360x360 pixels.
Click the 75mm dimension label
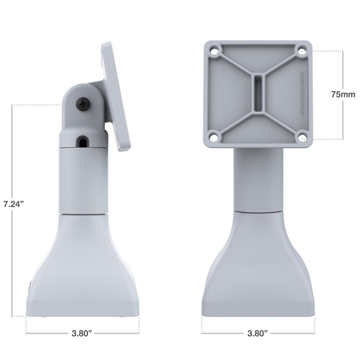pos(342,94)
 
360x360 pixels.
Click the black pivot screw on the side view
pos(84,102)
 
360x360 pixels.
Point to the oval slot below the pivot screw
pos(84,142)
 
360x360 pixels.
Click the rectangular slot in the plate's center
pos(258,94)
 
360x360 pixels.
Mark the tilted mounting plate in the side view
pos(118,96)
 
